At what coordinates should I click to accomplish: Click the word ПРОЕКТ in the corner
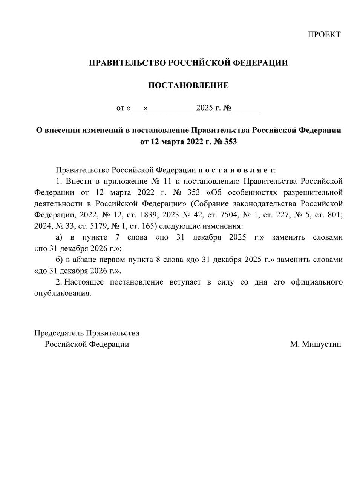[x=324, y=35]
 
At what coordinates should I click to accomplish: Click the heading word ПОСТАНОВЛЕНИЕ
[x=188, y=85]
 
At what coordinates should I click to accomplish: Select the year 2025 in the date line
[x=204, y=108]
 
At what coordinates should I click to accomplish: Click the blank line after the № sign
[x=246, y=109]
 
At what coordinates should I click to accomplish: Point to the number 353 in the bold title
[x=230, y=142]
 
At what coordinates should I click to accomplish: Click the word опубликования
[x=63, y=294]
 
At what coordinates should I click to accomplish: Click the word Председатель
[x=59, y=333]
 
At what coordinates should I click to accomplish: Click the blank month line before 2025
[x=172, y=109]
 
